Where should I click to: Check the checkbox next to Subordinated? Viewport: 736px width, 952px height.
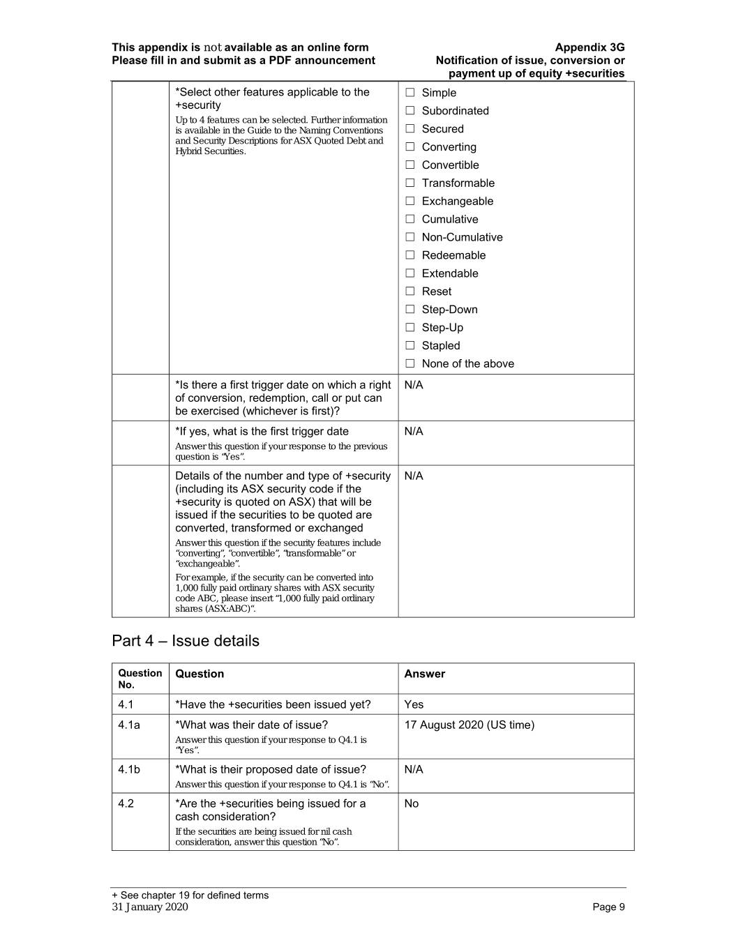[x=410, y=111]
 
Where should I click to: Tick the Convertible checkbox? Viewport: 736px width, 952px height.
[x=410, y=165]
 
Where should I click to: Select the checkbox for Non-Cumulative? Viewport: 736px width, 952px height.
[x=410, y=238]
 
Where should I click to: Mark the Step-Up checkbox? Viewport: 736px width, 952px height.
[x=410, y=328]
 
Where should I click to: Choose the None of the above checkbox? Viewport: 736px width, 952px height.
[x=410, y=364]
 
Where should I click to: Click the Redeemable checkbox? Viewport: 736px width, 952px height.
[x=410, y=256]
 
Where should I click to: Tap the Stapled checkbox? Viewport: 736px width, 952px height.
[x=410, y=346]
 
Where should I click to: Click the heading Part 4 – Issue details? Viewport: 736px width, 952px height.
[x=186, y=641]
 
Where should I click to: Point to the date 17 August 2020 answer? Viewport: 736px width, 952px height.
[x=469, y=725]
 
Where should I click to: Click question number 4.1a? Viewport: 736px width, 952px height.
[x=129, y=725]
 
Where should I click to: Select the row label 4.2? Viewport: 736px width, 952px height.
[x=126, y=804]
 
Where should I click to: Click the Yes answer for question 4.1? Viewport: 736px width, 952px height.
[x=414, y=705]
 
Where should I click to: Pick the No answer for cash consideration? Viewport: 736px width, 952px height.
[x=412, y=804]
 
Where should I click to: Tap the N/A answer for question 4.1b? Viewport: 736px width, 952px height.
[x=414, y=770]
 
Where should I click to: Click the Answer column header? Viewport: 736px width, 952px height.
[x=424, y=674]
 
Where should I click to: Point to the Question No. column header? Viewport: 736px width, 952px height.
[x=140, y=679]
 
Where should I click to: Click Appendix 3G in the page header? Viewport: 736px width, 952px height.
[x=589, y=47]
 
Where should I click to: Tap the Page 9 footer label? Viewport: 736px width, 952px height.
[x=608, y=907]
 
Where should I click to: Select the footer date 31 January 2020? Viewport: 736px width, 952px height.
[x=150, y=907]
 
